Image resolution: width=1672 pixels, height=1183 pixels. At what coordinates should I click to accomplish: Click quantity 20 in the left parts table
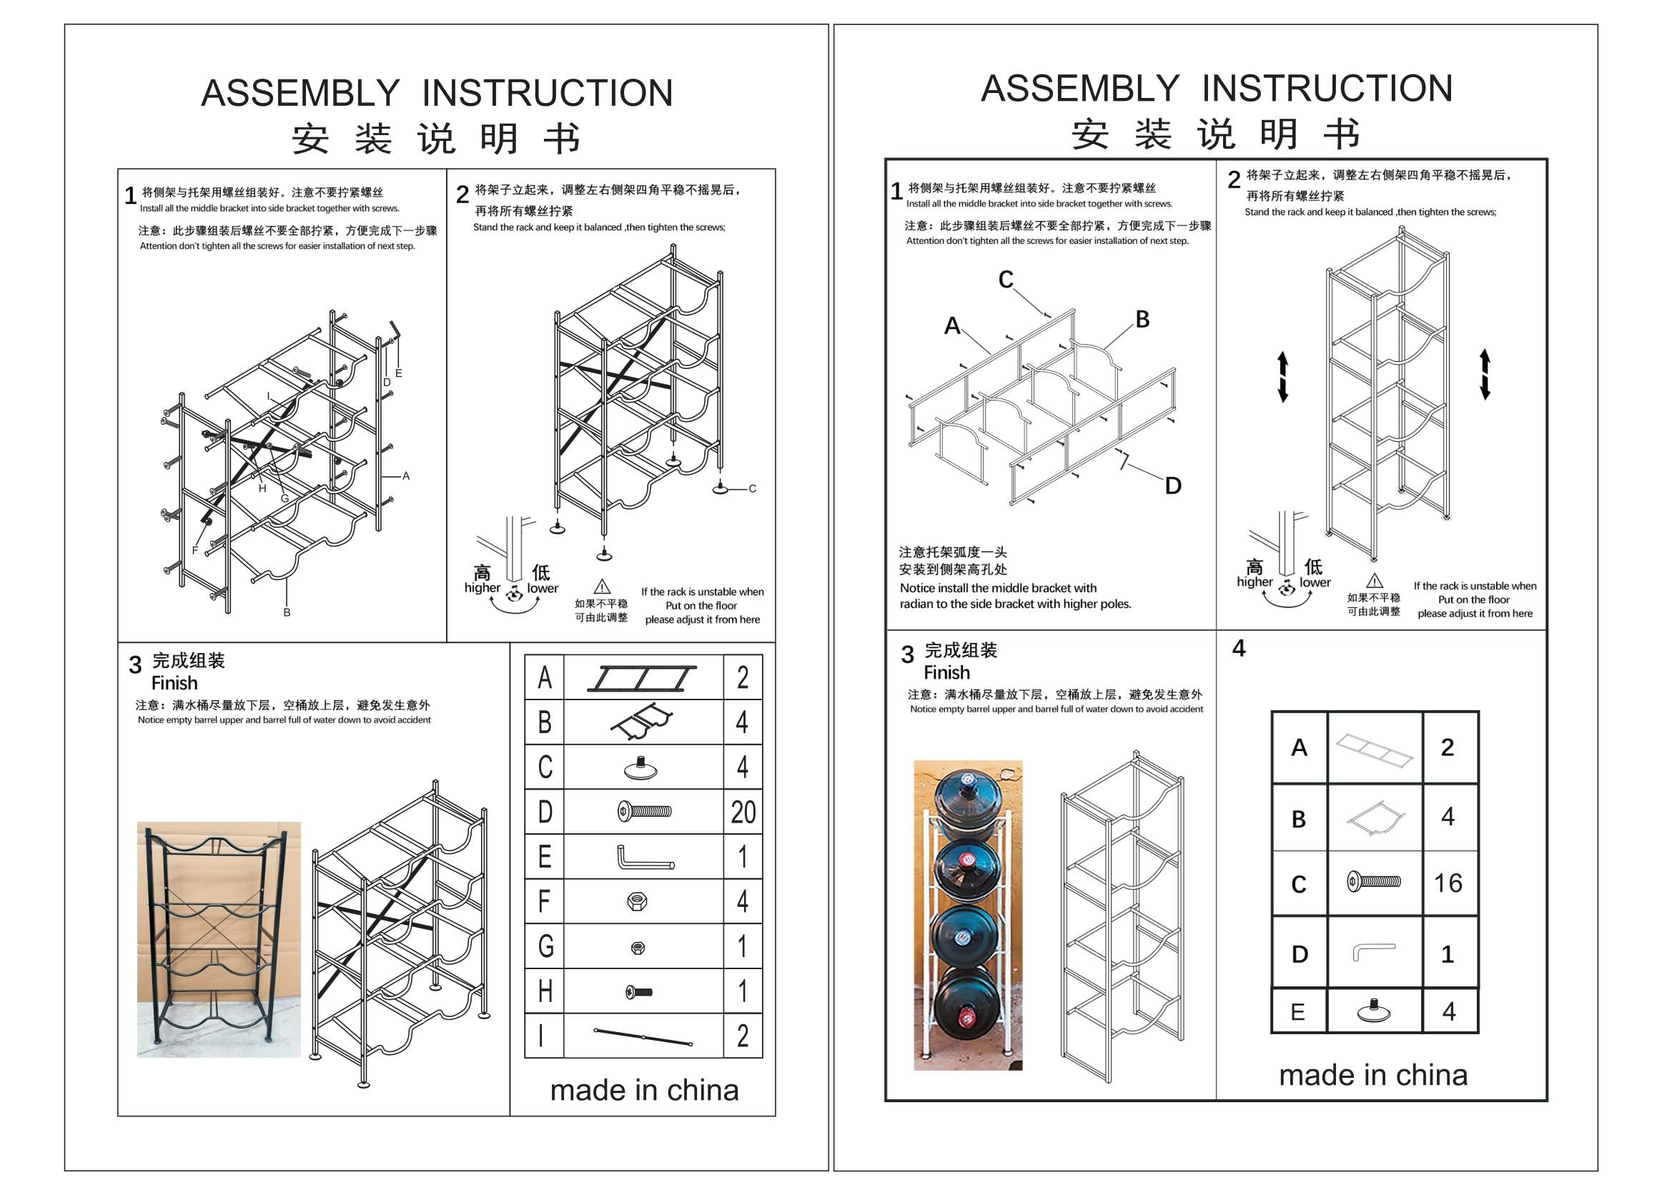pyautogui.click(x=743, y=812)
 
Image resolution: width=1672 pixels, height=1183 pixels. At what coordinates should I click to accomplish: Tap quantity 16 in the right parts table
pyautogui.click(x=1448, y=883)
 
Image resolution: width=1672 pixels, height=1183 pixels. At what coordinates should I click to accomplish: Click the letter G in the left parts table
pyautogui.click(x=545, y=946)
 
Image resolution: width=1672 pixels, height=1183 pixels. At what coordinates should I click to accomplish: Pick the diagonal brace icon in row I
pyautogui.click(x=643, y=1036)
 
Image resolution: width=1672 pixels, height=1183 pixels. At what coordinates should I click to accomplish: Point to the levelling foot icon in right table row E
pyautogui.click(x=1374, y=1011)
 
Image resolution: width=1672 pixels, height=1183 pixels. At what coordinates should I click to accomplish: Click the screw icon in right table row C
pyautogui.click(x=1373, y=881)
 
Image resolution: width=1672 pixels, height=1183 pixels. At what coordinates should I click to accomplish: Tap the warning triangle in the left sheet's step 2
pyautogui.click(x=601, y=586)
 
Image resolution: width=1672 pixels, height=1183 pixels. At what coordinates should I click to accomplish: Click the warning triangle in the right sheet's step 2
pyautogui.click(x=1374, y=581)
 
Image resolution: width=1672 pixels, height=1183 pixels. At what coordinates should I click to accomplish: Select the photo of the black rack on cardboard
pyautogui.click(x=219, y=939)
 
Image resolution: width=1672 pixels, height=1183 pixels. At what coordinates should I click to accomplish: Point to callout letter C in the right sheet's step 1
pyautogui.click(x=1006, y=279)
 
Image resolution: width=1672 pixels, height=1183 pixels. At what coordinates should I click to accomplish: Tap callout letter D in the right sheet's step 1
pyautogui.click(x=1172, y=486)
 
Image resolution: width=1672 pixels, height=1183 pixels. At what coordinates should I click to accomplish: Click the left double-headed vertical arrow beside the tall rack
pyautogui.click(x=1282, y=377)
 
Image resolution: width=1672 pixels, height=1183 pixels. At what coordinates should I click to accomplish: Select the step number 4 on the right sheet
pyautogui.click(x=1239, y=647)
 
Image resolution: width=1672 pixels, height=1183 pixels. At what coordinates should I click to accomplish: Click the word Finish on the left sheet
pyautogui.click(x=174, y=682)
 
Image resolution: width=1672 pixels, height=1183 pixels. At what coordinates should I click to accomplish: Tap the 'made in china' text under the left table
pyautogui.click(x=644, y=1090)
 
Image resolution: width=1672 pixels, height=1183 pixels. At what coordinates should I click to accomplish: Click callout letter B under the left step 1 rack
pyautogui.click(x=287, y=613)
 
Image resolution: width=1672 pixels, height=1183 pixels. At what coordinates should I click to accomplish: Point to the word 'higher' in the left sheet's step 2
pyautogui.click(x=482, y=587)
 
